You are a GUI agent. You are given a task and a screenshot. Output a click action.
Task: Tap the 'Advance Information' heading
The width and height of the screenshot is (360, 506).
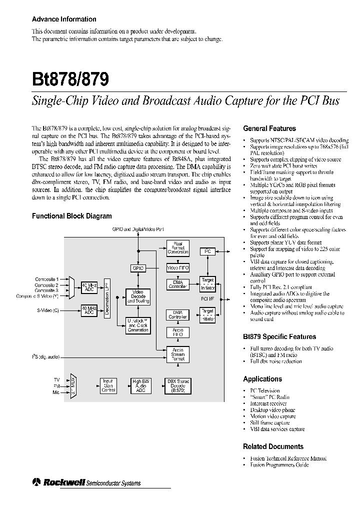[64, 19]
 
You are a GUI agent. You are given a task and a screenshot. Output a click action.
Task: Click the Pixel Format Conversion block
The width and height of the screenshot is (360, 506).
[177, 248]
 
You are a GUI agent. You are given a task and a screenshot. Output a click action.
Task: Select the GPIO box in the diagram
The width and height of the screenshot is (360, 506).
[138, 268]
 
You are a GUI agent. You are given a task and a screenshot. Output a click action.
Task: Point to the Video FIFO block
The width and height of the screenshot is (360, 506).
[177, 268]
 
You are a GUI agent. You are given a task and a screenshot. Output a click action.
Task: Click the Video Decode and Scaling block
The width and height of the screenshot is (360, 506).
[137, 296]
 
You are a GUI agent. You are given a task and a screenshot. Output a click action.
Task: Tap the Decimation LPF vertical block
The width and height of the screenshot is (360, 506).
[107, 298]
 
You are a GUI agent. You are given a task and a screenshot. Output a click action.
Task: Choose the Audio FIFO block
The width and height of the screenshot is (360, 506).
[177, 332]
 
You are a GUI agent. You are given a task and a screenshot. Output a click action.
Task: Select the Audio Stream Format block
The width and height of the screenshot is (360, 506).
[177, 355]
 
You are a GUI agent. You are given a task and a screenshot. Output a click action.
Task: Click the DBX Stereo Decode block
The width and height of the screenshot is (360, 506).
[177, 385]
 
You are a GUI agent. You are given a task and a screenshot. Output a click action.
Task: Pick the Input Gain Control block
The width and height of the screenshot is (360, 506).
[108, 385]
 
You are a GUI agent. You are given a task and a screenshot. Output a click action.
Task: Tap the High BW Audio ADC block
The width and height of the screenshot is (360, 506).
[140, 385]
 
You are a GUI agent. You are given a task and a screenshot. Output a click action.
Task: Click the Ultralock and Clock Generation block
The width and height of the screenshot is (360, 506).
[137, 325]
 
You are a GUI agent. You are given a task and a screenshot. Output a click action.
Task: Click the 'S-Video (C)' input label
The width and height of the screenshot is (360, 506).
[47, 310]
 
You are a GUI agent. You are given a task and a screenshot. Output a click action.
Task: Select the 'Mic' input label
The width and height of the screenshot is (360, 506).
[55, 392]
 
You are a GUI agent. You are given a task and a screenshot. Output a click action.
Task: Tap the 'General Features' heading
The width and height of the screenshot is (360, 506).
[269, 128]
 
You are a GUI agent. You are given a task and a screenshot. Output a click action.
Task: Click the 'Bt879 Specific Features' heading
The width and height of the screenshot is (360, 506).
[279, 337]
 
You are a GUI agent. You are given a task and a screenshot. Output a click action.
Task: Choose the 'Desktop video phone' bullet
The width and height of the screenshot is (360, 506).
[272, 410]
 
